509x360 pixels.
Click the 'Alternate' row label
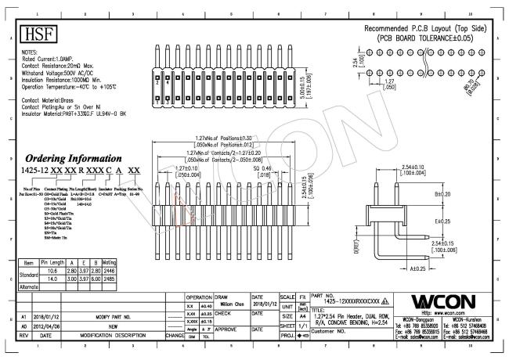[27, 286]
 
